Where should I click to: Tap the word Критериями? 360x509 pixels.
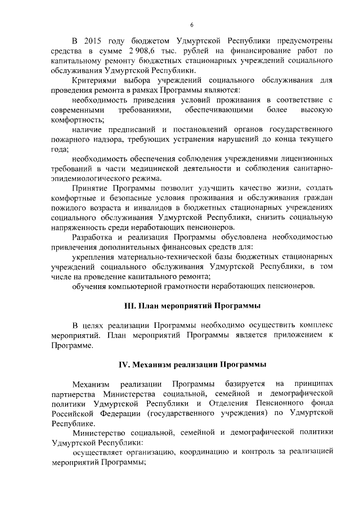(95, 81)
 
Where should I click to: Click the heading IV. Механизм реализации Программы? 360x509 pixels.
(192, 364)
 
